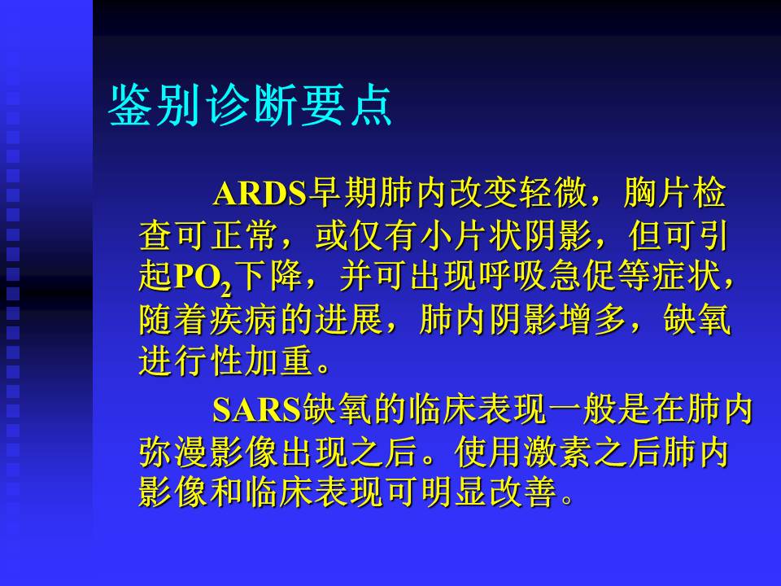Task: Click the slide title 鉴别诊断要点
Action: click(251, 105)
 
